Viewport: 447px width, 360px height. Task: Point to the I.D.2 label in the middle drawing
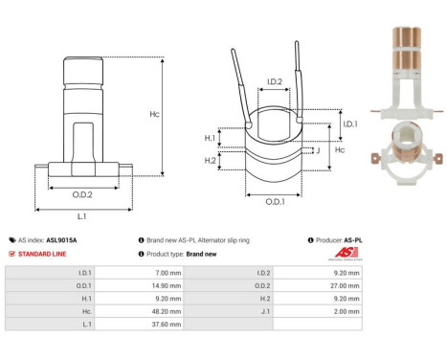273,82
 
